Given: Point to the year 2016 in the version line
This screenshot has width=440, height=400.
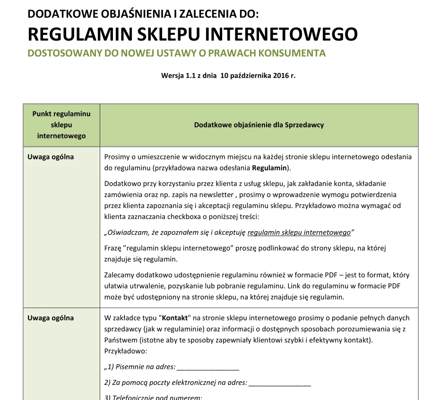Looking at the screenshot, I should pyautogui.click(x=280, y=75).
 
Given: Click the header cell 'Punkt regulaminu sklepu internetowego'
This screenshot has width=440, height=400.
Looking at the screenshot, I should pyautogui.click(x=61, y=125).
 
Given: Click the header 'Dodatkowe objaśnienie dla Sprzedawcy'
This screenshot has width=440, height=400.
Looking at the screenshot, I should pyautogui.click(x=259, y=125).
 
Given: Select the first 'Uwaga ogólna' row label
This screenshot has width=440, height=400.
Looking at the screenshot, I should pyautogui.click(x=51, y=157).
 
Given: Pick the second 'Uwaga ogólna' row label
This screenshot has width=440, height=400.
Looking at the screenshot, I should pyautogui.click(x=51, y=318).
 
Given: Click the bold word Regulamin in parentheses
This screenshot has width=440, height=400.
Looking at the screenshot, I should pyautogui.click(x=269, y=168).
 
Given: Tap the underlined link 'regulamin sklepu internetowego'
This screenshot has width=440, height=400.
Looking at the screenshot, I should pyautogui.click(x=299, y=233).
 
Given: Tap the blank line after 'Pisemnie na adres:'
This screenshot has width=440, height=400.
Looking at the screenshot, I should pyautogui.click(x=208, y=367).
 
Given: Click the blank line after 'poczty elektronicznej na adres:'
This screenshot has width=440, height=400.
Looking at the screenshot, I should pyautogui.click(x=279, y=383).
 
